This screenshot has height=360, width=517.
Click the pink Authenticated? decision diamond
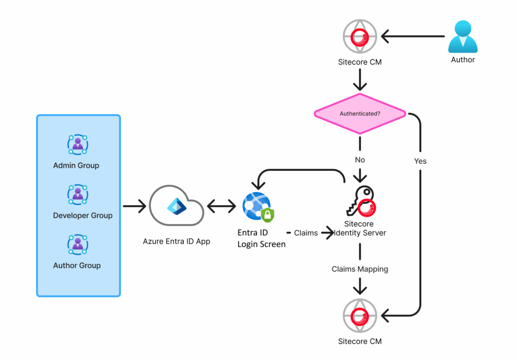pyautogui.click(x=359, y=114)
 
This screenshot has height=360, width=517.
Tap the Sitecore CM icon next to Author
pyautogui.click(x=359, y=37)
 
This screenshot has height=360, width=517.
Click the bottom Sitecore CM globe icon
pyautogui.click(x=359, y=316)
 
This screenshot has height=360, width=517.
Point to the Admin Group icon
pyautogui.click(x=78, y=144)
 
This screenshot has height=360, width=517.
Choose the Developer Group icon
pyautogui.click(x=78, y=194)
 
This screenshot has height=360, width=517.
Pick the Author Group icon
pyautogui.click(x=78, y=244)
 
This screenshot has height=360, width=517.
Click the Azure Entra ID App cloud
pyautogui.click(x=176, y=206)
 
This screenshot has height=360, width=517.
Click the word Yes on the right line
pyautogui.click(x=420, y=161)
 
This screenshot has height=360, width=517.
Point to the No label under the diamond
pyautogui.click(x=359, y=160)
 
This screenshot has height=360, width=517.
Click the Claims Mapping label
pyautogui.click(x=359, y=269)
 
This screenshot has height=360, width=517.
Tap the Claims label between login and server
pyautogui.click(x=305, y=233)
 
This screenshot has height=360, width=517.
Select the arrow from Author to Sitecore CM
pyautogui.click(x=412, y=37)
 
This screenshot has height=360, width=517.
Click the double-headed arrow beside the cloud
pyautogui.click(x=221, y=206)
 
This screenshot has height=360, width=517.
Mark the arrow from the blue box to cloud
pyautogui.click(x=133, y=206)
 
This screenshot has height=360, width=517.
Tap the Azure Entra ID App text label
pyautogui.click(x=176, y=241)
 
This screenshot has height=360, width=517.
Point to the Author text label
pyautogui.click(x=463, y=60)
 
